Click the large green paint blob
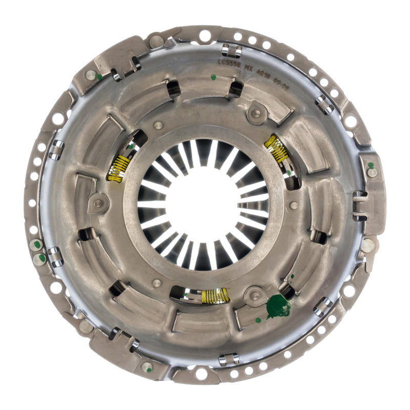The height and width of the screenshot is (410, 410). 278,306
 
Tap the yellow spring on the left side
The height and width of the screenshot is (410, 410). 118,169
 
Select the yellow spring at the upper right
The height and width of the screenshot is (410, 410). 277,149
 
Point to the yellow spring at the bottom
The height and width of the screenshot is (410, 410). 215,295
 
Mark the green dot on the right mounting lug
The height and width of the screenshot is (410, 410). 371,166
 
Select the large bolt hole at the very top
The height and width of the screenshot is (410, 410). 204,35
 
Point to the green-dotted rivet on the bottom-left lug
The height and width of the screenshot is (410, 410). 147,367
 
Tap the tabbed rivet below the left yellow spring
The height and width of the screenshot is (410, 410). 98,203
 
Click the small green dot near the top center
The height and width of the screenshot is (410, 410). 213,77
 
